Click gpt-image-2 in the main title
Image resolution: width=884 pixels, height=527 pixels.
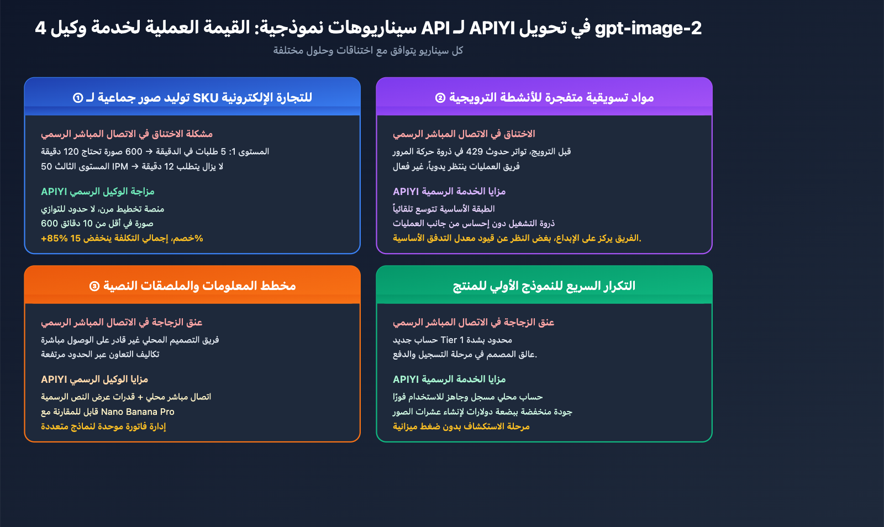pos(648,28)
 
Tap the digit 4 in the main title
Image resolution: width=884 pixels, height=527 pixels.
pos(40,28)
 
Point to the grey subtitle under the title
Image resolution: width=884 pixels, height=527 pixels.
pos(368,51)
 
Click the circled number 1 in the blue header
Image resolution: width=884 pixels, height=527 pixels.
pos(78,98)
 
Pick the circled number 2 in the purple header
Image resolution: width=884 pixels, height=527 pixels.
pos(440,98)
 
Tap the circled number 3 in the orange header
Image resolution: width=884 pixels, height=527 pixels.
pos(94,286)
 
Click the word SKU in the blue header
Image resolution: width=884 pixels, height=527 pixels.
pos(206,98)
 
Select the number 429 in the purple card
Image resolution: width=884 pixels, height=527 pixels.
pos(475,151)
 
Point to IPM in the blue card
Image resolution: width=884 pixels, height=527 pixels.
pos(120,166)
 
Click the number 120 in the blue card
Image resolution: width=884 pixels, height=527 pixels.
pos(71,151)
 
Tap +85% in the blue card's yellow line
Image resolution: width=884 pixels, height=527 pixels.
pos(54,238)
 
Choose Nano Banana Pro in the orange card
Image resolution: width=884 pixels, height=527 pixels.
pos(138,412)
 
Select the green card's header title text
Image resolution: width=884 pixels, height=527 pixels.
pos(544,286)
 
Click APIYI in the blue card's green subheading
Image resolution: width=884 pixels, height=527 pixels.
pos(54,192)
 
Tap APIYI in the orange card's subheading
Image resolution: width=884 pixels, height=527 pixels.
pos(54,380)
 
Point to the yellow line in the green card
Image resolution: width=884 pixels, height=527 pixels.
pos(461,426)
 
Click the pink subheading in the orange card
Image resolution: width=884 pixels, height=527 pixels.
pos(122,322)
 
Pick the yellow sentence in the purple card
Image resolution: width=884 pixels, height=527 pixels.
pos(517,238)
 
